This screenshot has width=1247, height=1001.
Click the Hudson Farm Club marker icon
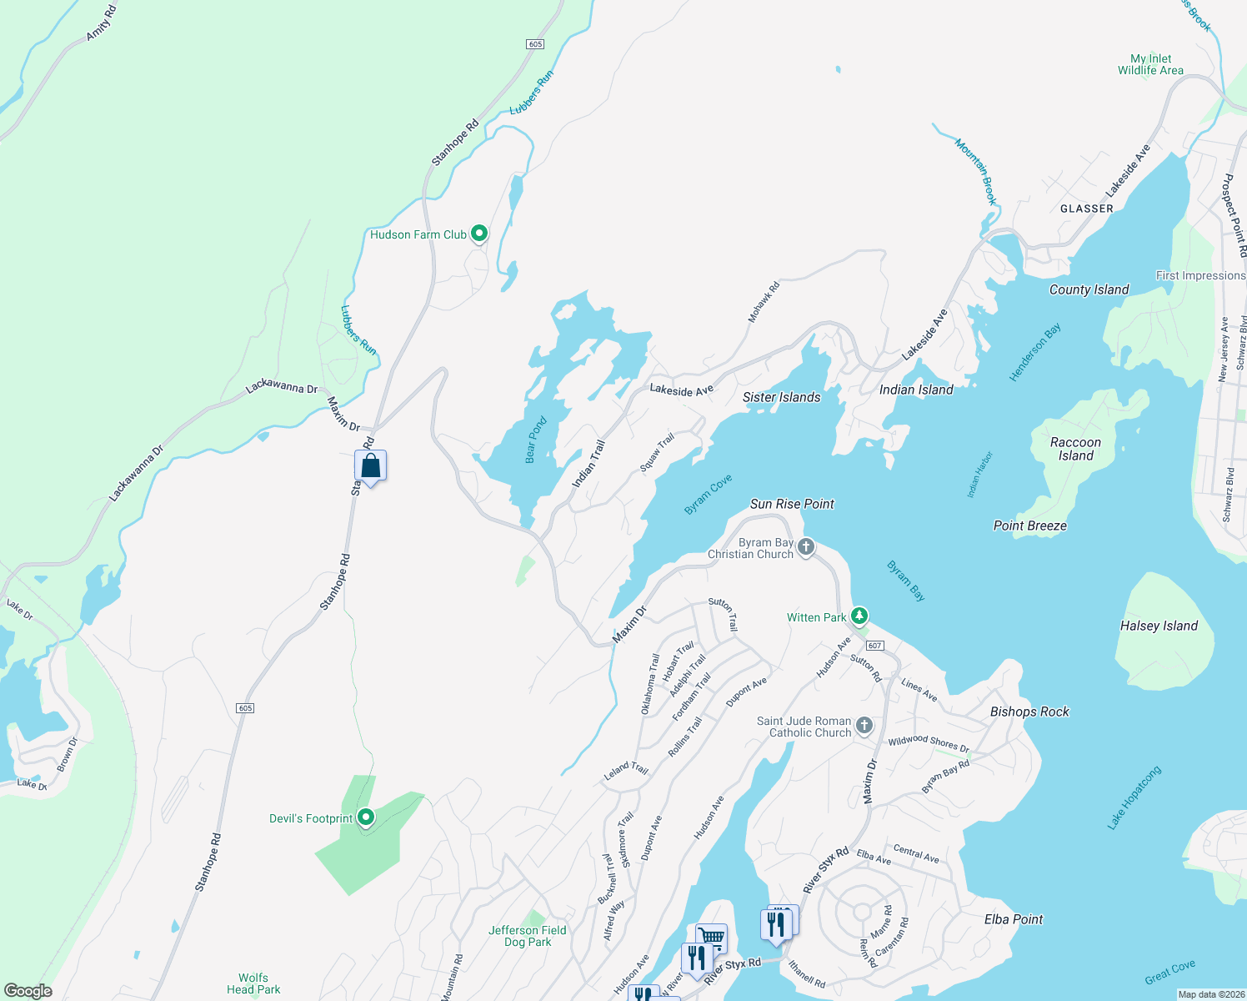click(x=479, y=234)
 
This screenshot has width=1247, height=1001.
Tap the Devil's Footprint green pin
click(x=365, y=817)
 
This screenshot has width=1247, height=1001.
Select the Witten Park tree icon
click(x=859, y=616)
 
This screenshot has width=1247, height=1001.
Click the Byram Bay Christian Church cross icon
click(x=805, y=547)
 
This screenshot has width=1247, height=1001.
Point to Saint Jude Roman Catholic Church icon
click(x=864, y=725)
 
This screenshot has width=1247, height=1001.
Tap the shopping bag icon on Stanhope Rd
click(x=371, y=466)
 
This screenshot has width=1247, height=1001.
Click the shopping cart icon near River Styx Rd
click(x=711, y=938)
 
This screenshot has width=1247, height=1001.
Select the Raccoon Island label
click(x=1075, y=449)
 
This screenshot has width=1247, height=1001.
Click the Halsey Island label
click(x=1159, y=626)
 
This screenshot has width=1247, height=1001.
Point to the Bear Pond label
click(x=536, y=440)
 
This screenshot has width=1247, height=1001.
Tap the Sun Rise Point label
click(x=792, y=504)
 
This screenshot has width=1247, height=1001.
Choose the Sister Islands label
click(x=781, y=397)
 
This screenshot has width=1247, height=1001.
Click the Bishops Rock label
click(x=1029, y=712)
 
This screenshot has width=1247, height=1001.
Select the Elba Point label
click(x=1014, y=919)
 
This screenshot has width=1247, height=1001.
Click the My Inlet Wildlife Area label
click(x=1150, y=64)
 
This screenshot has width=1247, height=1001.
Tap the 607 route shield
click(x=874, y=646)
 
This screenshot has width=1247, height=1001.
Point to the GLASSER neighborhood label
click(x=1086, y=209)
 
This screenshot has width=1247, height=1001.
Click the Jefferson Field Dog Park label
click(x=528, y=936)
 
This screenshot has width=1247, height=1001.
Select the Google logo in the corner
click(x=28, y=991)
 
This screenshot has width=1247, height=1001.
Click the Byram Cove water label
click(x=708, y=494)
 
